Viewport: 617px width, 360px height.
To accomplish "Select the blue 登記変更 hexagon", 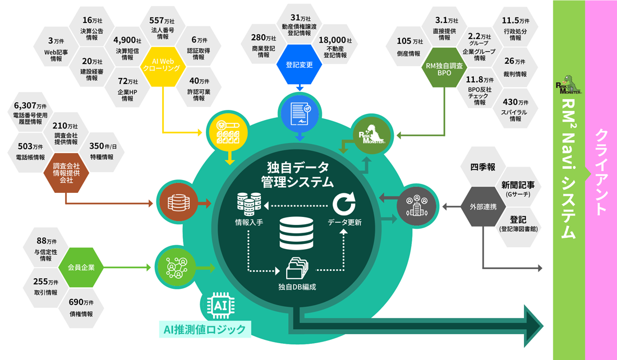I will [299, 64].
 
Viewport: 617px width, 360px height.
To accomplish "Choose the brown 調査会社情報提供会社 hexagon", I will [66, 173].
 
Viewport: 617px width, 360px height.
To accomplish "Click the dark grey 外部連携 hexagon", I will [482, 206].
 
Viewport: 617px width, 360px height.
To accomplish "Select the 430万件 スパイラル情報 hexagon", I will [515, 110].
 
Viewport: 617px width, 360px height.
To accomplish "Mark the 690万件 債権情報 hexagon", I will [81, 308].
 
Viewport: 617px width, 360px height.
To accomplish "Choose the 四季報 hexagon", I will [482, 167].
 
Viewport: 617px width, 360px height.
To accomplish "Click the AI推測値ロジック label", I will [205, 330].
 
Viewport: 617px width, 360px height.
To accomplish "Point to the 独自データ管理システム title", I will [297, 175].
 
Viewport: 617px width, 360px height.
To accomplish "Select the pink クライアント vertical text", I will [601, 172].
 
